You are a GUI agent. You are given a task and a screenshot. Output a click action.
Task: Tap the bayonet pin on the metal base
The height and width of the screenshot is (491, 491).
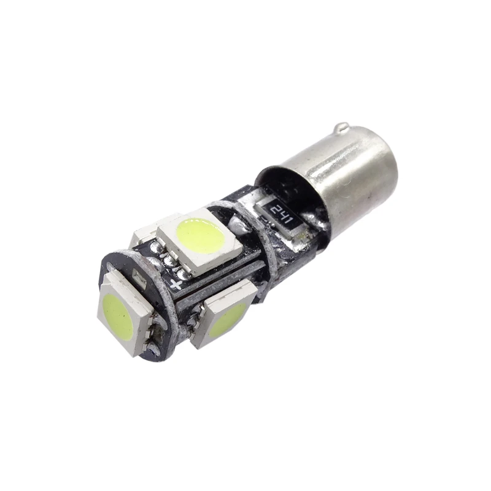tap(342, 129)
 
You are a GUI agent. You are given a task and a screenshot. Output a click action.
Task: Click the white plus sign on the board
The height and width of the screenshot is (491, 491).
tap(177, 284)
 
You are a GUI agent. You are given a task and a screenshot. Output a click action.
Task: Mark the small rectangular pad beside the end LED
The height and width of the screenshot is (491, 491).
tap(139, 275)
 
